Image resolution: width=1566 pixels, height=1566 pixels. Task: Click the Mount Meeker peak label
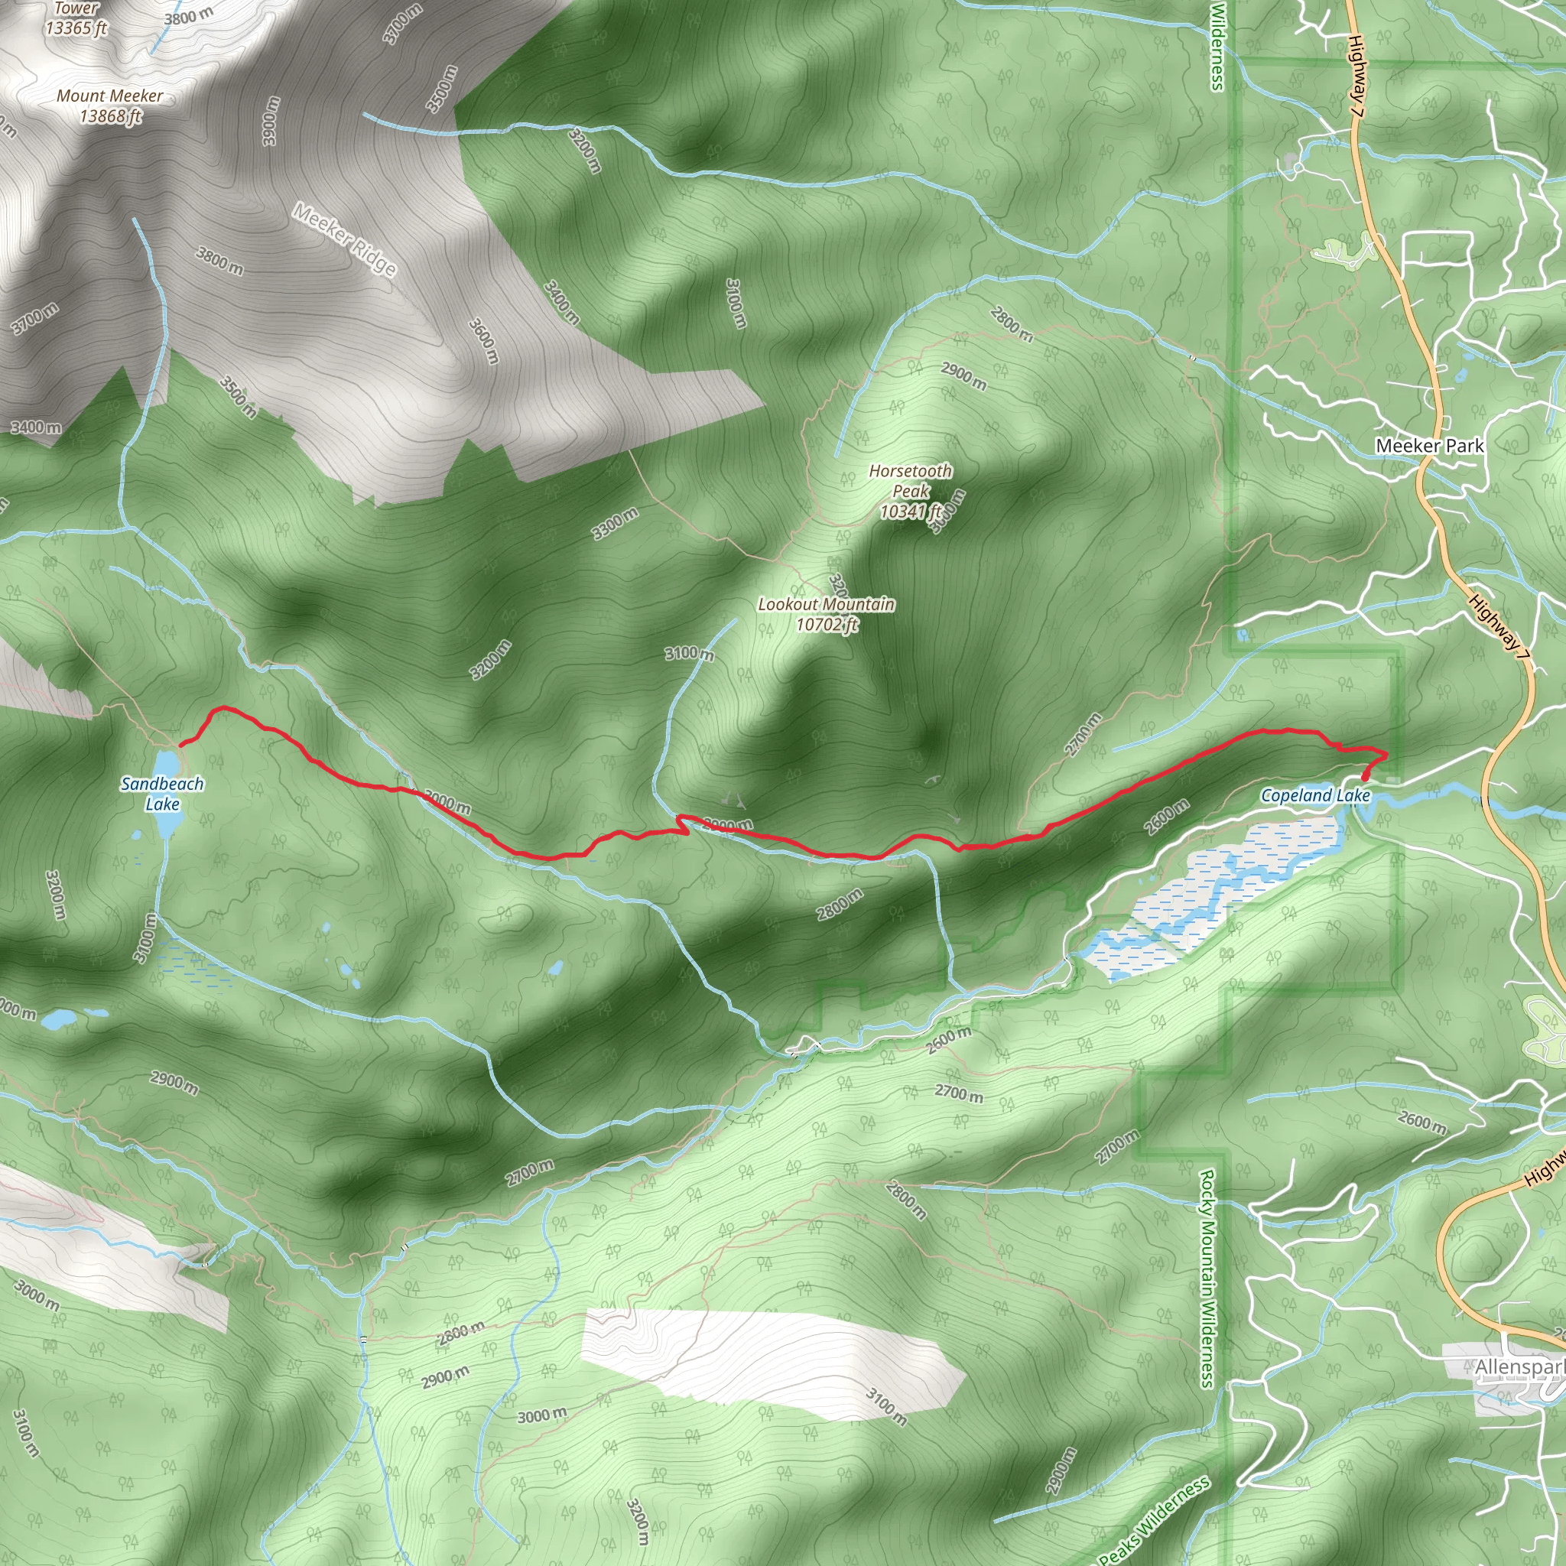pos(109,106)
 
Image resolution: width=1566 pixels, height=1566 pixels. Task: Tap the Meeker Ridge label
pos(346,240)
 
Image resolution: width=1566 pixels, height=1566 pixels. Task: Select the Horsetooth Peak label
pos(910,490)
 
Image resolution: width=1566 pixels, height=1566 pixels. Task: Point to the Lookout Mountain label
pos(826,613)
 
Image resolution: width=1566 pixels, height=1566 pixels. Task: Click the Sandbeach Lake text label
pos(162,794)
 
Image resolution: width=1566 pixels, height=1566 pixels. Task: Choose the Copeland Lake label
pos(1314,795)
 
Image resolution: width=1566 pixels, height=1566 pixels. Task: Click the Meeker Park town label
pos(1430,445)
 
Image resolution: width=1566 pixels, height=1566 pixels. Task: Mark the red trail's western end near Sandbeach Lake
pos(180,743)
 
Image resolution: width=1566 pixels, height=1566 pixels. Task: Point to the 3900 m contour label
pos(271,122)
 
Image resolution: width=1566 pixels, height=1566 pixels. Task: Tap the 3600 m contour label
pos(483,340)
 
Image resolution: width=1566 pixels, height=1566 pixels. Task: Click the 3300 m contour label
pos(616,524)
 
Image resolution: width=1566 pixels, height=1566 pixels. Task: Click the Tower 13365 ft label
pos(76,18)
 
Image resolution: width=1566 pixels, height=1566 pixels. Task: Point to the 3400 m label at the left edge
pos(36,427)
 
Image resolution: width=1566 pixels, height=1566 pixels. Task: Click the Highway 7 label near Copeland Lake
pos(1499,633)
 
